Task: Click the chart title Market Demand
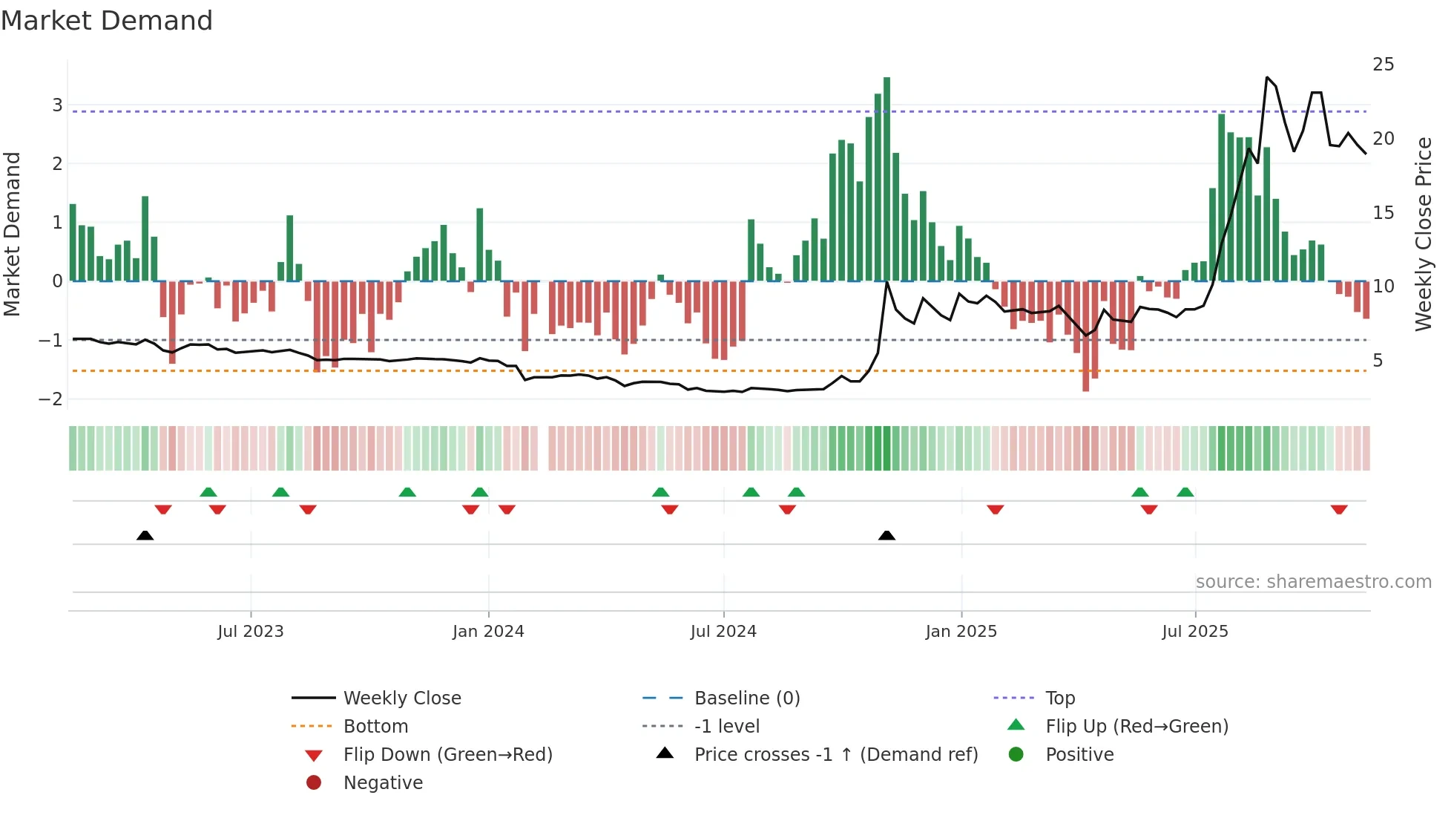107,20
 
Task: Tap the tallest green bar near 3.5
886,178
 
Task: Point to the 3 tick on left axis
57,105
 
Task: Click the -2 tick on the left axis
51,399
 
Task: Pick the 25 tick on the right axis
1383,65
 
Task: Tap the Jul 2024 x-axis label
723,632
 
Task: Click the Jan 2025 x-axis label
961,632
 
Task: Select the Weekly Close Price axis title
1423,234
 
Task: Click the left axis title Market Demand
12,234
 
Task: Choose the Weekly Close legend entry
401,698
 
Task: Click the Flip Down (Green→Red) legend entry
447,755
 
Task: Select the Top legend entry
1059,698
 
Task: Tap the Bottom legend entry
375,727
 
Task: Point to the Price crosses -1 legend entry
835,755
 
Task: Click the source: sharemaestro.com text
1313,582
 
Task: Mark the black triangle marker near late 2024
886,535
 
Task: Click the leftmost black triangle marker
145,535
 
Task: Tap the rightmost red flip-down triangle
1339,509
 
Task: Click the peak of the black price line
1267,77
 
